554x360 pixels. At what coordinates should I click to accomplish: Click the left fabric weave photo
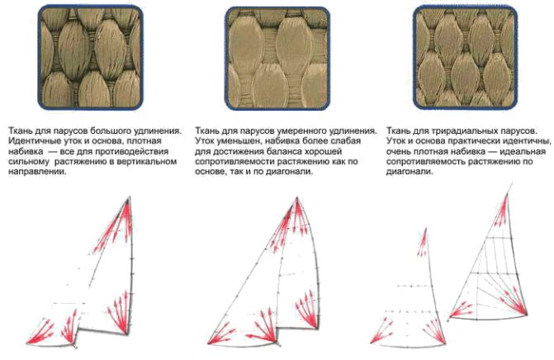[x=91, y=57]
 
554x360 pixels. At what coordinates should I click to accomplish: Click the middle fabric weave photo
[x=277, y=59]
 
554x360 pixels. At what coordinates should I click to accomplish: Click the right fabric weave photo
[x=466, y=57]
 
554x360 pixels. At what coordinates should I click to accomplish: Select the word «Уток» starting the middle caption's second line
[x=205, y=141]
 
